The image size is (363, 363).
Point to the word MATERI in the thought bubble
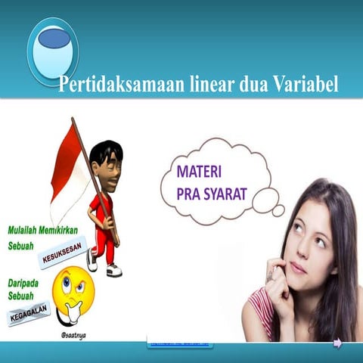pyautogui.click(x=198, y=167)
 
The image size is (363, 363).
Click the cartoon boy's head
pyautogui.click(x=106, y=161)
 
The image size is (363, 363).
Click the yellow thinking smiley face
pyautogui.click(x=74, y=291)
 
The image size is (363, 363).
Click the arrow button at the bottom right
pyautogui.click(x=337, y=343)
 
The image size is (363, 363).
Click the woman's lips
pyautogui.click(x=299, y=267)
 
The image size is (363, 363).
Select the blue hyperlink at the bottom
pyautogui.click(x=181, y=344)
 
